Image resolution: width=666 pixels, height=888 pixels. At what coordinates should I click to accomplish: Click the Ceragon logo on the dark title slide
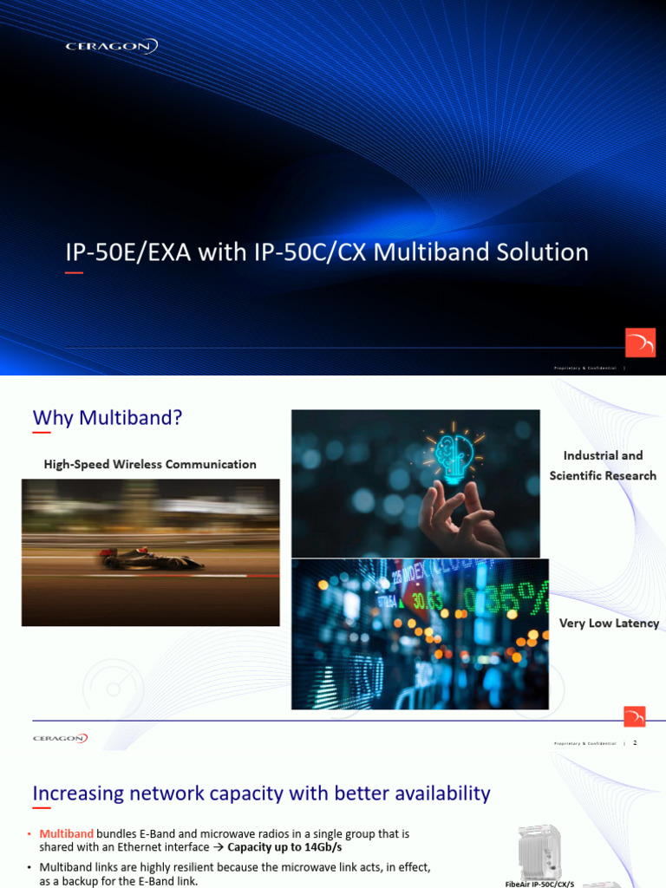click(112, 47)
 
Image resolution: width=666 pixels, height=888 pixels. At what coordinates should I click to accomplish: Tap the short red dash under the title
click(75, 273)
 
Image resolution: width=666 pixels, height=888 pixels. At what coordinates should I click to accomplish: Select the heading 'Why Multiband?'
click(108, 418)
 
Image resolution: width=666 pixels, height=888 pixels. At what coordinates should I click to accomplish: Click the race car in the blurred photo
click(151, 559)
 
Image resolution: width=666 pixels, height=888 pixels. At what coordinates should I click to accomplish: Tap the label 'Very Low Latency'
click(609, 624)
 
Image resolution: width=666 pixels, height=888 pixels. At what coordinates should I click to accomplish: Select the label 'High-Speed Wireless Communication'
click(150, 465)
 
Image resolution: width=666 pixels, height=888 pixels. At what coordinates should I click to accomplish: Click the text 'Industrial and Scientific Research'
click(603, 466)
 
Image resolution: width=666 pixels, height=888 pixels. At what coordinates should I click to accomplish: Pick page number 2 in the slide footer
click(635, 742)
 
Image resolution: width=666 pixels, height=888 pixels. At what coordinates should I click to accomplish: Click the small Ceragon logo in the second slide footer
click(60, 738)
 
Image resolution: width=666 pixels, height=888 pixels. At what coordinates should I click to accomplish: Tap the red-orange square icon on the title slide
click(640, 343)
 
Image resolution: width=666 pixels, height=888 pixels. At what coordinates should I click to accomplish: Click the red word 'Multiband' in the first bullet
click(67, 833)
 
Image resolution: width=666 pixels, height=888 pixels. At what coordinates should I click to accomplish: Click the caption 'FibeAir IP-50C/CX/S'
click(539, 884)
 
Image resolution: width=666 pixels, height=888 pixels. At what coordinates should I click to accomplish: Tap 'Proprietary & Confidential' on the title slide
click(584, 369)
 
